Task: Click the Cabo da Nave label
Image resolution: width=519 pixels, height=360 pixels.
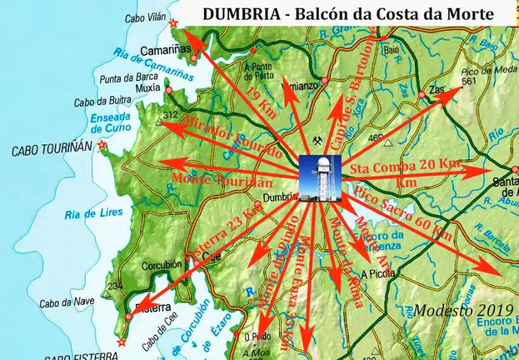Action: [x=59, y=302]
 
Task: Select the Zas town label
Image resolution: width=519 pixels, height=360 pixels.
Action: [x=435, y=87]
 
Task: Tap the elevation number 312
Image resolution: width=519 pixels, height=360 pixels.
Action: [x=172, y=114]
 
